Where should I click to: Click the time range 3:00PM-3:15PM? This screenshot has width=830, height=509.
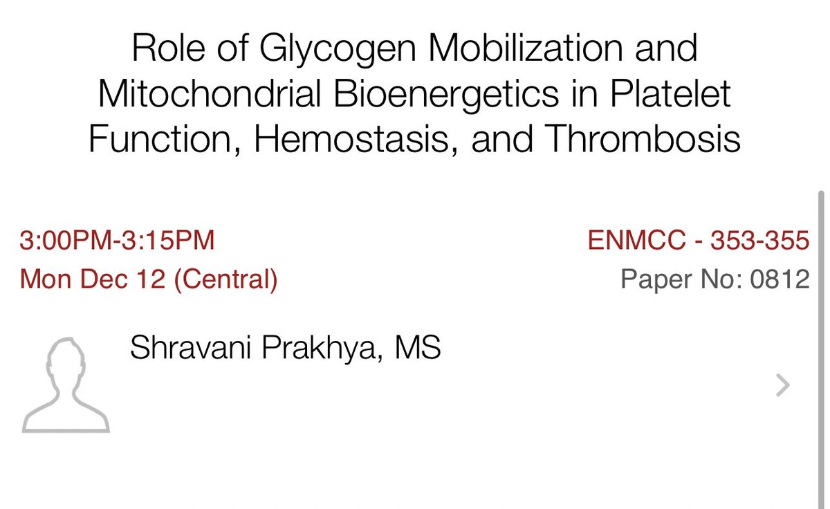coord(118,241)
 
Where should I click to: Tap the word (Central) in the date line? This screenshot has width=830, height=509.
coord(226,279)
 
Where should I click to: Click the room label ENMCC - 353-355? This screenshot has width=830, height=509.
coord(698,241)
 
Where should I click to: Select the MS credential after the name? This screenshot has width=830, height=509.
coord(417,348)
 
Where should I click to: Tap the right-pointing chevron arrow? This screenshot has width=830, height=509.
coord(782,385)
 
